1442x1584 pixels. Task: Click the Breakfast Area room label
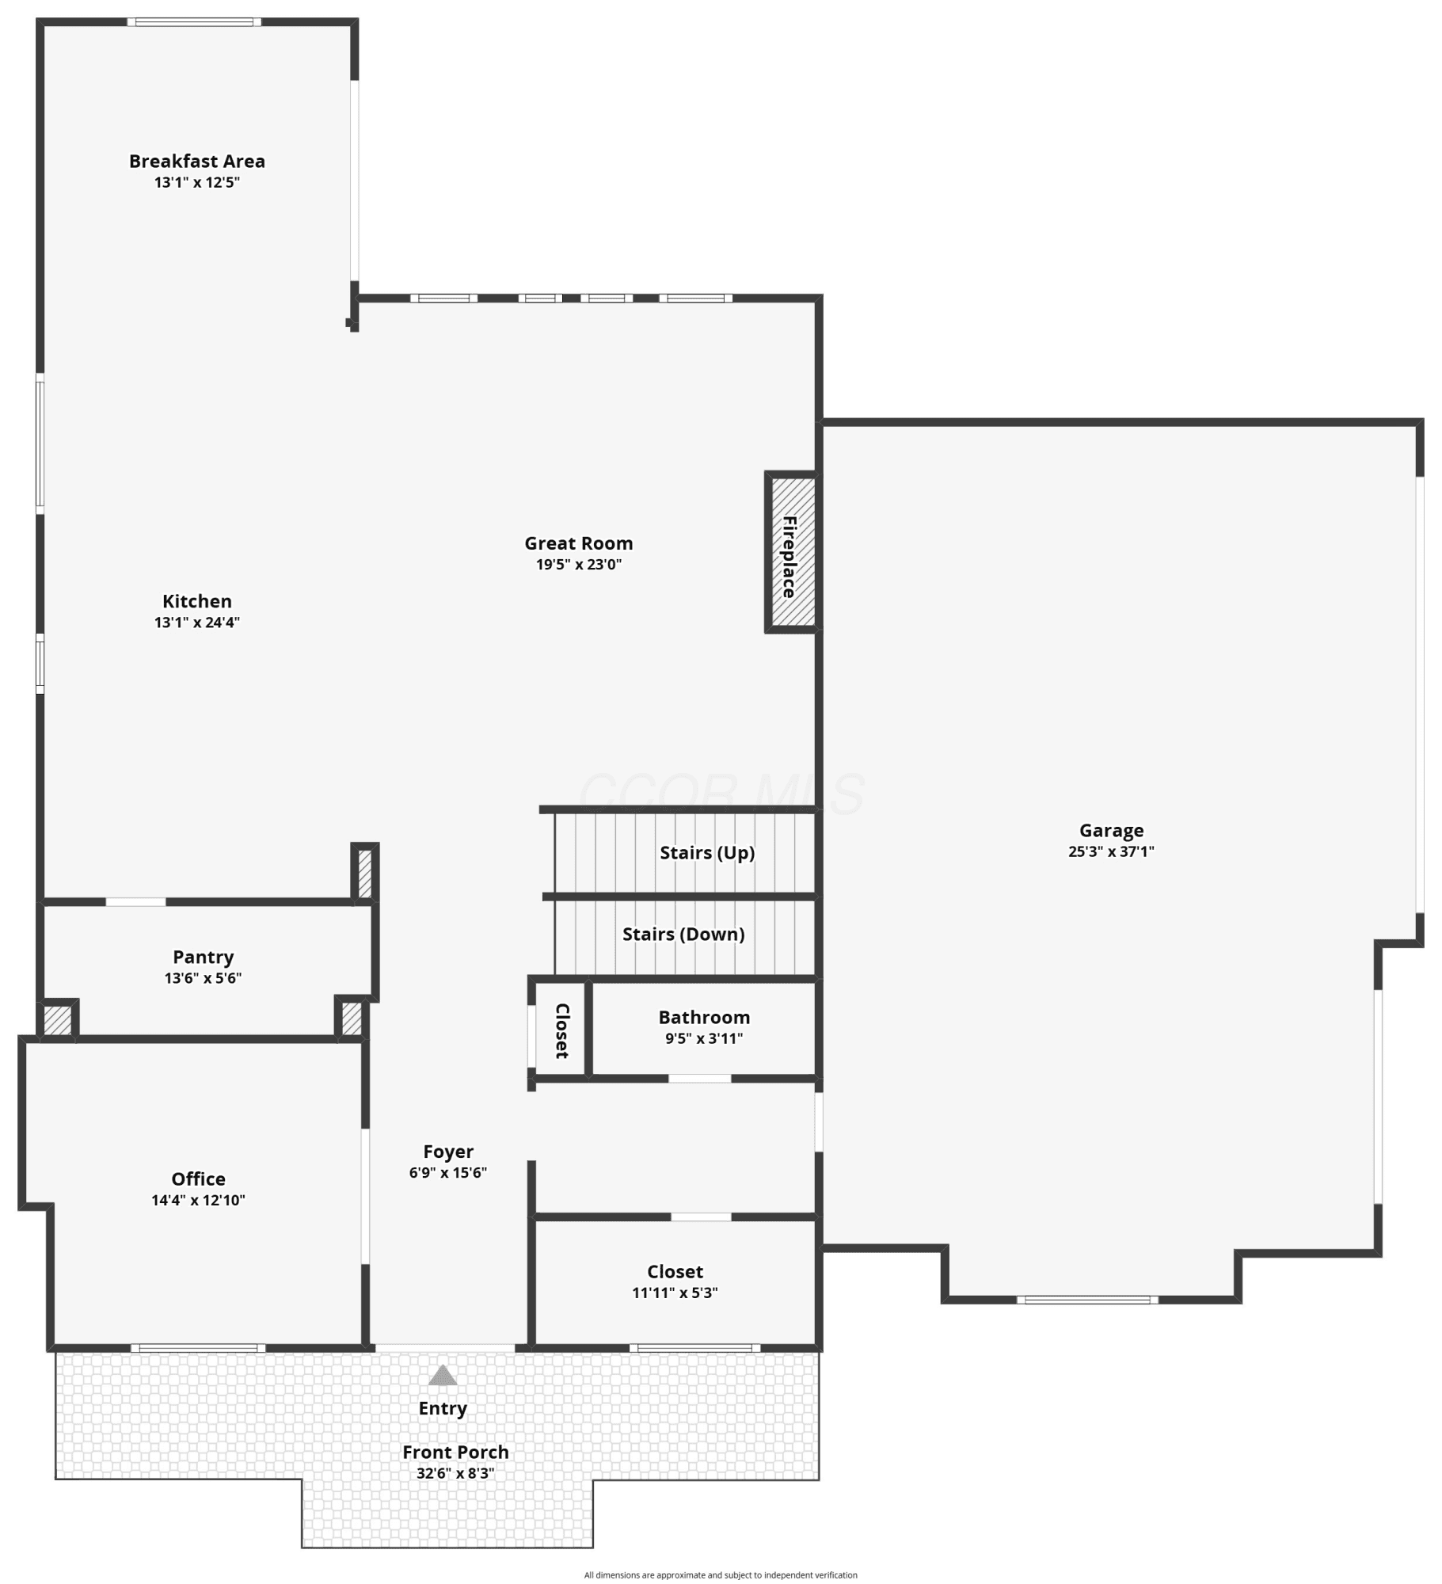coord(196,161)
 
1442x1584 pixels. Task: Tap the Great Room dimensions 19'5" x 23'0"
coord(578,565)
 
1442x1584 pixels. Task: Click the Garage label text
coord(1111,831)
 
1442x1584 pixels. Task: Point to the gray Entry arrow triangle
coord(443,1375)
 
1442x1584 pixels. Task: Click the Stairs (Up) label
coord(707,853)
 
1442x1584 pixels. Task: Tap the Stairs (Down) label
coord(683,935)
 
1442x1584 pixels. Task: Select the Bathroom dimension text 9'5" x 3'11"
coord(703,1038)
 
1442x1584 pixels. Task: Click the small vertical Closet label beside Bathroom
coord(561,1030)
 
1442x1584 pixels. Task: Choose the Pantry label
coord(203,958)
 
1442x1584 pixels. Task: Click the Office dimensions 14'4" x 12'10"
coord(198,1200)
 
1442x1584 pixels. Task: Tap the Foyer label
coord(447,1152)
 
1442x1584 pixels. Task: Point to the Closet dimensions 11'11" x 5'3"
coord(675,1293)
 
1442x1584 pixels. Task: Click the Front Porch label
coord(455,1452)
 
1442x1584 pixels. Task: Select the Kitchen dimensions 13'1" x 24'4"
coord(196,623)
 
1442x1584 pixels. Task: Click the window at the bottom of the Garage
coord(1087,1300)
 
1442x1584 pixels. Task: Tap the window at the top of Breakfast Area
coord(194,22)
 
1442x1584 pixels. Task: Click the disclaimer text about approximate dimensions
coord(721,1575)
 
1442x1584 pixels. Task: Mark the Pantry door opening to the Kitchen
coord(135,902)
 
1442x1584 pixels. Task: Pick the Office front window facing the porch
coord(198,1348)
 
